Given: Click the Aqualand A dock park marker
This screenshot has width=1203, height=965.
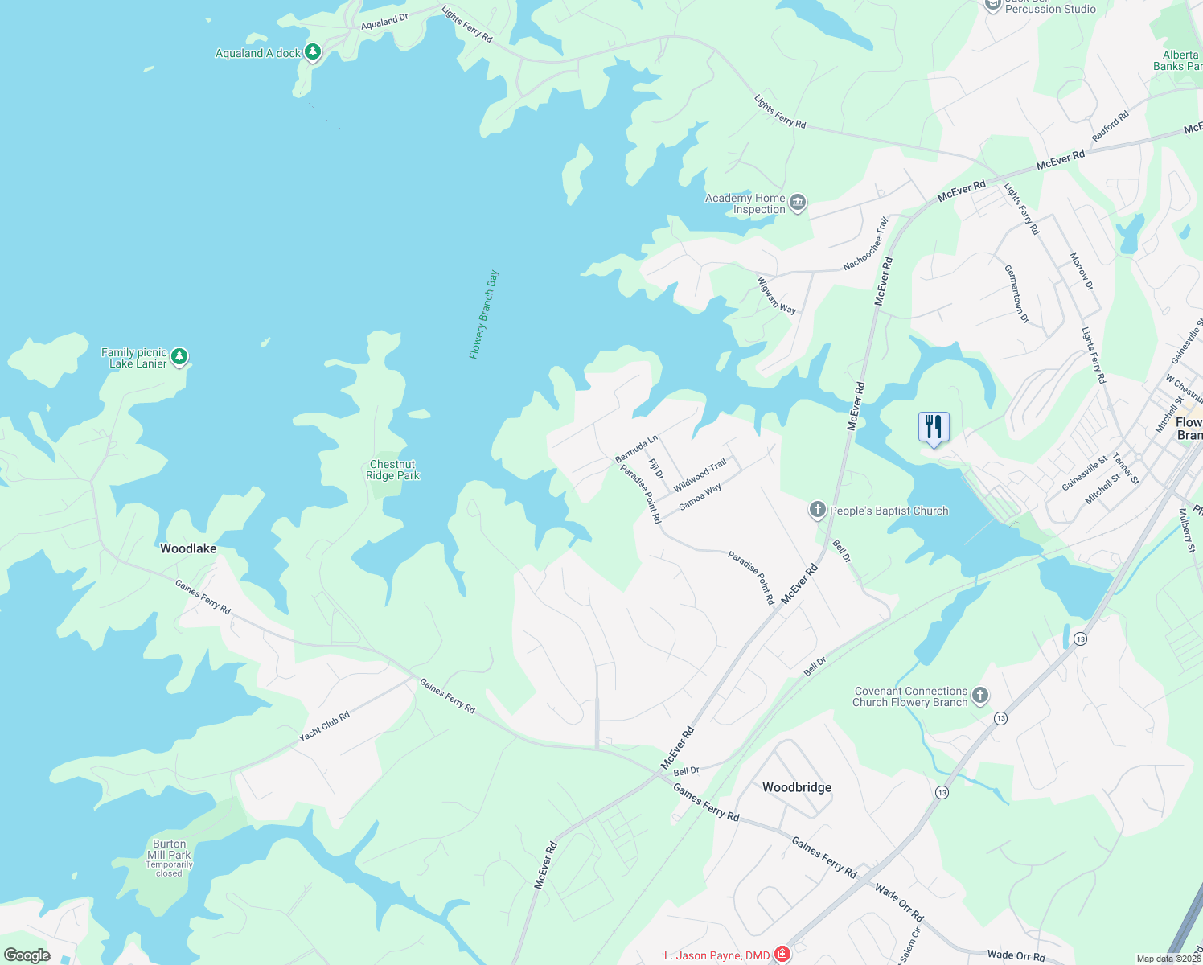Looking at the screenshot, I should (313, 52).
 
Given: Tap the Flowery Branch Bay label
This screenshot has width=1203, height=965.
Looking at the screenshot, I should (484, 314).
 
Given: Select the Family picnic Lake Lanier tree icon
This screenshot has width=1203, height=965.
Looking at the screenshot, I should (179, 356).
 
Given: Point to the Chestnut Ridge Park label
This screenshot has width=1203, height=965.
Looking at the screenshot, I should (392, 470).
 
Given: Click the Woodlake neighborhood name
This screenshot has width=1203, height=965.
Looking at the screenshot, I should (188, 548).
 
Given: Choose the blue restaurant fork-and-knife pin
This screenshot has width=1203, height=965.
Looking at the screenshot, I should (934, 427).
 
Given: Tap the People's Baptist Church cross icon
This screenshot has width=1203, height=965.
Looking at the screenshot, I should (817, 510).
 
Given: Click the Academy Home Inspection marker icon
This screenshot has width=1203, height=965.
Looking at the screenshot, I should (798, 203).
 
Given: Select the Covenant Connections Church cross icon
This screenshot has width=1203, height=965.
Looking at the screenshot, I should (979, 696).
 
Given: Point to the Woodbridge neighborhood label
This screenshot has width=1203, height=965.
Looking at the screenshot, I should (797, 787).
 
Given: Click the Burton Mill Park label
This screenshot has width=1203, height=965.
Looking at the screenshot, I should (169, 850).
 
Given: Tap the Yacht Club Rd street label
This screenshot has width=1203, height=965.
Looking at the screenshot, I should (324, 727).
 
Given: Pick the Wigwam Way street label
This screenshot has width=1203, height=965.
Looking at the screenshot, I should (776, 295).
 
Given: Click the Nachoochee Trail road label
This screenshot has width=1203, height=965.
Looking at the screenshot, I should (866, 243).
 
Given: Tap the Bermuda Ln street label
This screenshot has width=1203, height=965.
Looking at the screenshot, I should (636, 449).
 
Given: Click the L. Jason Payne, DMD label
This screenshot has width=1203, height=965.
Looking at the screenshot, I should (716, 955).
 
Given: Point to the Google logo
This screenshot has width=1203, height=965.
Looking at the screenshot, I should (27, 955).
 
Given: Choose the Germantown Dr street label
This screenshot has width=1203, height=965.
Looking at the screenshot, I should (1016, 294).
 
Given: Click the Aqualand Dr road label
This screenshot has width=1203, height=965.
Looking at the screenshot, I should (384, 22).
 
